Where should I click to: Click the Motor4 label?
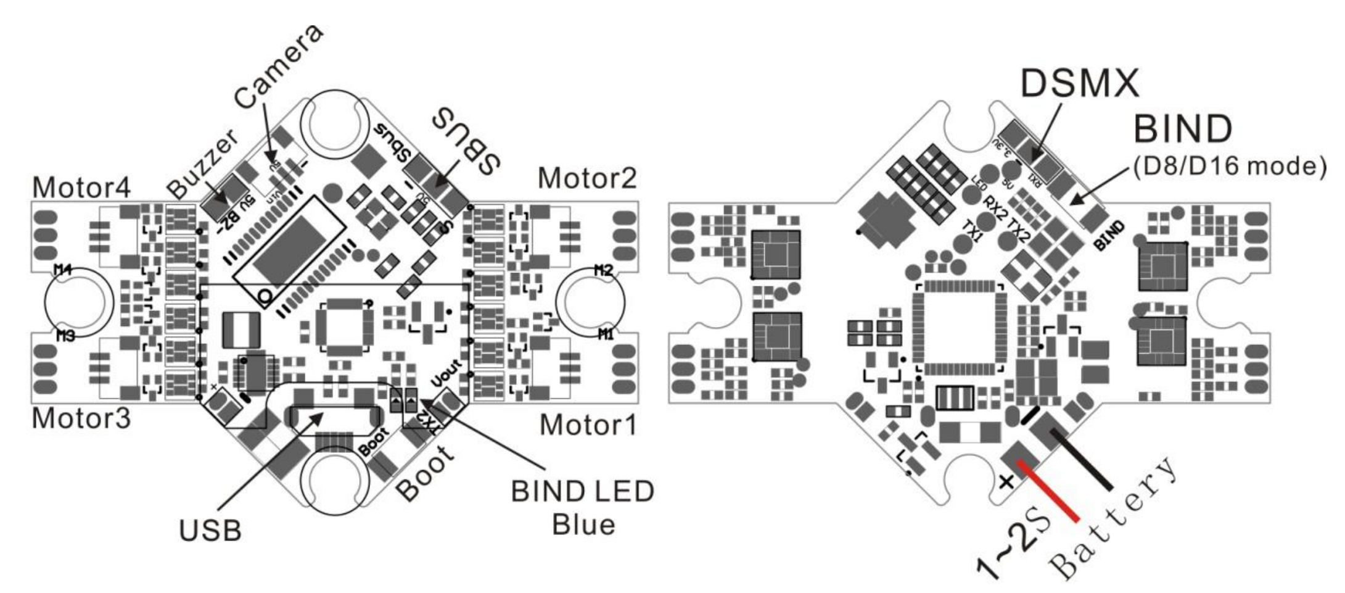coord(81,187)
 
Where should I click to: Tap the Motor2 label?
coord(586,178)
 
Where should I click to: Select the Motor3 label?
coord(81,418)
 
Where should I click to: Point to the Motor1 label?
coord(588,425)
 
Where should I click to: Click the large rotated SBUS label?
coord(467,141)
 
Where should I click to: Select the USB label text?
coord(210,530)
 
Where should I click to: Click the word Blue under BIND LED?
coord(583,525)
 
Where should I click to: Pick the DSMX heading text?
coord(1079,83)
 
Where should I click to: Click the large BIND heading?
coord(1183,129)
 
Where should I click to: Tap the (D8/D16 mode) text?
coord(1230,166)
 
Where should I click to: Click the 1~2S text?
coord(1012,545)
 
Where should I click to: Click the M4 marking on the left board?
coord(63,269)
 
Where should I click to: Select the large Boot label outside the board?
coord(426,471)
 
